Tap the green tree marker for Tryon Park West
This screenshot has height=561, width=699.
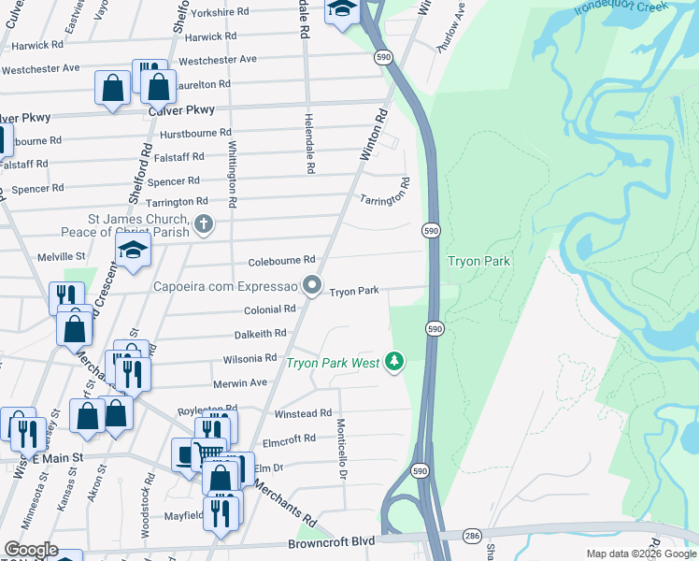click(x=395, y=361)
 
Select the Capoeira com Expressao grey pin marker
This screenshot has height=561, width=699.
click(x=313, y=284)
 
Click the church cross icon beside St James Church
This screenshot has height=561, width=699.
click(x=204, y=223)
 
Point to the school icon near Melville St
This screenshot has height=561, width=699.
click(x=134, y=249)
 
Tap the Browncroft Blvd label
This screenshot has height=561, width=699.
click(x=331, y=542)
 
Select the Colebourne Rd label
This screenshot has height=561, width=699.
click(x=281, y=261)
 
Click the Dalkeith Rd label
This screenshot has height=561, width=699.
click(x=260, y=334)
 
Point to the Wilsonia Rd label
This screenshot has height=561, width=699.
click(x=250, y=358)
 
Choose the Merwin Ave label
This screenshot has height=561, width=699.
click(x=240, y=382)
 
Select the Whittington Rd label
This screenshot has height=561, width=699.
click(x=232, y=174)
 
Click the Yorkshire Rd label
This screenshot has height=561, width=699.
click(x=220, y=12)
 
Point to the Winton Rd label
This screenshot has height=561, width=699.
click(x=375, y=136)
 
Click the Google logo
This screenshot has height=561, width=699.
click(x=30, y=550)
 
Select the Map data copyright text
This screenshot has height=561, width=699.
click(x=641, y=554)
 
